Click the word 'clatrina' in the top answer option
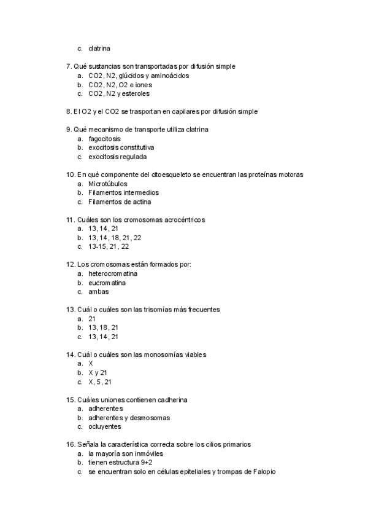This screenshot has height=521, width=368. tap(99, 49)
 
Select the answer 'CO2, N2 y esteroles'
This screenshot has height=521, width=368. tap(118, 94)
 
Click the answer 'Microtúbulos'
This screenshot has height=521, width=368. tap(107, 184)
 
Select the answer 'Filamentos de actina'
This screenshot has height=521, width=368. tap(119, 202)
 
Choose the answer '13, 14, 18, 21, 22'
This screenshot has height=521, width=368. tap(115, 237)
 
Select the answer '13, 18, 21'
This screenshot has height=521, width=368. tap(103, 327)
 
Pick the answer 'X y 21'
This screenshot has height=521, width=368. tap(98, 372)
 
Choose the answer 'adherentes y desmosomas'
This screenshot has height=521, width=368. tap(129, 418)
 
